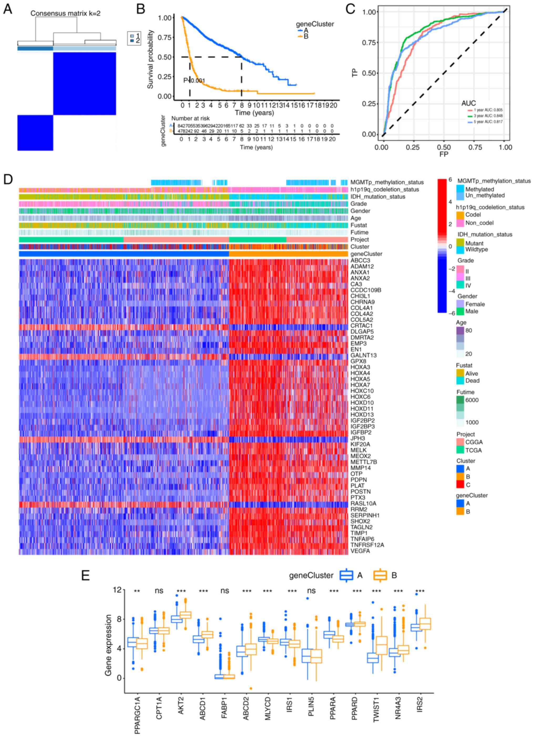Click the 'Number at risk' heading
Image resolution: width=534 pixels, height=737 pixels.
[x=191, y=118]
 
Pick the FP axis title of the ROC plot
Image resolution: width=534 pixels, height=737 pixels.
[x=444, y=154]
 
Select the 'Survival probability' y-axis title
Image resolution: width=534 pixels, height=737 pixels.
[x=150, y=59]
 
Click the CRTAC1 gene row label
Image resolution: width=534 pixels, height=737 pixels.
[x=361, y=326]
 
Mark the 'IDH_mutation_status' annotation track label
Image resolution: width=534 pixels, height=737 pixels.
[x=378, y=197]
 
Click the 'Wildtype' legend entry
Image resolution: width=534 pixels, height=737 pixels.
[x=476, y=250]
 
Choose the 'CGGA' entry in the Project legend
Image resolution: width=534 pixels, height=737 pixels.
[x=474, y=442]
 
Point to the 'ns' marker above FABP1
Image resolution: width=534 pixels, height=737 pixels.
[x=225, y=590]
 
